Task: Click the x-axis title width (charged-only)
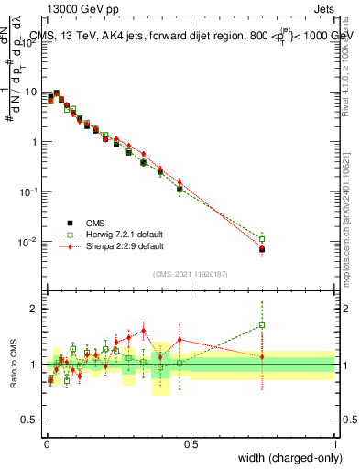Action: coord(285,456)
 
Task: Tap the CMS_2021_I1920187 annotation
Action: coord(190,274)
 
